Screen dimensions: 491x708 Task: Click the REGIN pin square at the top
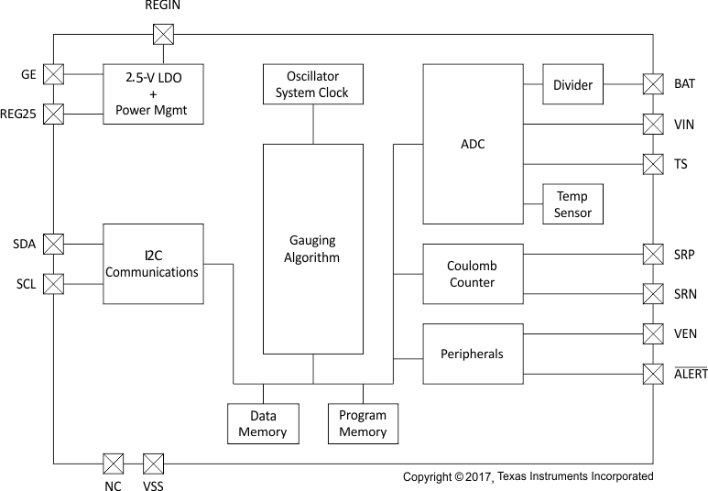(162, 33)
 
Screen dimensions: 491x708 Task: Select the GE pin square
(54, 74)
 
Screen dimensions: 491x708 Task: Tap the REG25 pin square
(54, 115)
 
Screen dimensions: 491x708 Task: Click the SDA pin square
(54, 244)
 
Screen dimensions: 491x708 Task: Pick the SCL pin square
(54, 284)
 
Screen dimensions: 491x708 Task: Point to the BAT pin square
(653, 84)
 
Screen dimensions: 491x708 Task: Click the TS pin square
(653, 165)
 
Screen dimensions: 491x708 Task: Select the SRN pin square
(653, 294)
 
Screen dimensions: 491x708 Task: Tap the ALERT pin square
(653, 374)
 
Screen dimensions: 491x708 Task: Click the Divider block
(572, 85)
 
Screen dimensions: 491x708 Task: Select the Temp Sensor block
(572, 204)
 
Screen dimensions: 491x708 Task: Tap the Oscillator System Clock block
(312, 84)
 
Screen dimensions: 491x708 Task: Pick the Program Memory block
(363, 423)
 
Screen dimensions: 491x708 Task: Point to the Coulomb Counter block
(472, 274)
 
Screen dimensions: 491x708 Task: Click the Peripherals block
(472, 354)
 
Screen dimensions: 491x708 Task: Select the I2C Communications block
(152, 264)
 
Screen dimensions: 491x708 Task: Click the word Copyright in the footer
(428, 477)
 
